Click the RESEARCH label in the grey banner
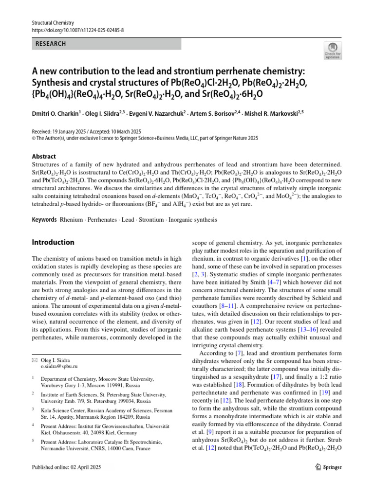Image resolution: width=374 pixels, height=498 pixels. pyautogui.click(x=50, y=44)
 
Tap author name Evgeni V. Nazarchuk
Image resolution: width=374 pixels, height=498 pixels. pyautogui.click(x=163, y=113)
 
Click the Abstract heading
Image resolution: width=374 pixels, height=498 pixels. pyautogui.click(x=44, y=157)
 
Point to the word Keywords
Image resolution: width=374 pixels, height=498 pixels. pyautogui.click(x=44, y=220)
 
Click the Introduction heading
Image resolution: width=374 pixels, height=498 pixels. pyautogui.click(x=53, y=242)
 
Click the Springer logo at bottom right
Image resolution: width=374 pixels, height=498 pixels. pyautogui.click(x=327, y=467)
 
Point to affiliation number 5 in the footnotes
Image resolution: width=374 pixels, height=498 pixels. pyautogui.click(x=33, y=441)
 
